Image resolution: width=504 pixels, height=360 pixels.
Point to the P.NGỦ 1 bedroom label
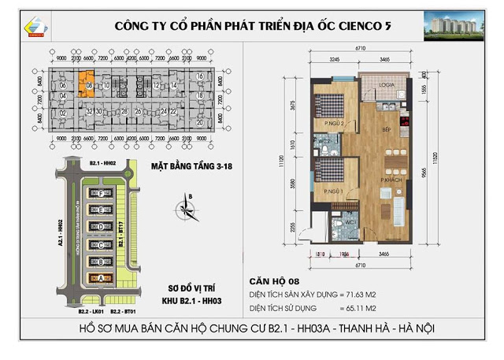coord(324,191)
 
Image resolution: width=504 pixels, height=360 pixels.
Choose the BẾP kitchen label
coord(387,128)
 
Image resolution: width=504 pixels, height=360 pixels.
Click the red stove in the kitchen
coord(405,122)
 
